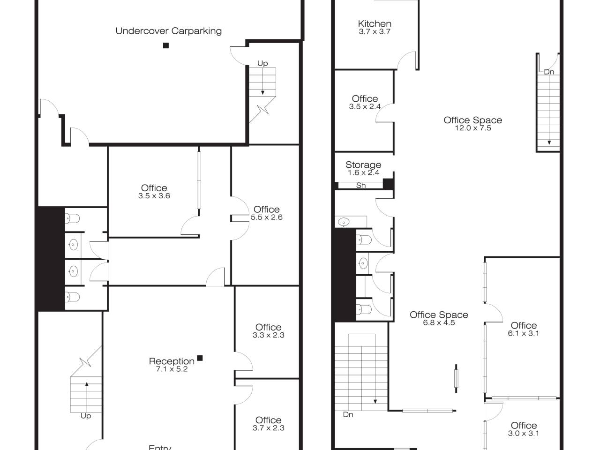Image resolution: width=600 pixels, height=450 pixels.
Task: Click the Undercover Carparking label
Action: [x=168, y=31]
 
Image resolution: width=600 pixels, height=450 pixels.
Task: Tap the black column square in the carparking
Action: [x=165, y=45]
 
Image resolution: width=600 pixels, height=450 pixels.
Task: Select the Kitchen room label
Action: [x=375, y=23]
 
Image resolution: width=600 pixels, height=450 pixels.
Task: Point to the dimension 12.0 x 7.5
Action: [x=473, y=128]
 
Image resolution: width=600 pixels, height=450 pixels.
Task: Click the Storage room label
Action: [x=363, y=165]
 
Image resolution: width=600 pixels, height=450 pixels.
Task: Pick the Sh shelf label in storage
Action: [x=361, y=186]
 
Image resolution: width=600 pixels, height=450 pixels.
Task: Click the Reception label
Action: [x=172, y=361]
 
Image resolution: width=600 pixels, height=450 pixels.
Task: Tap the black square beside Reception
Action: [x=200, y=358]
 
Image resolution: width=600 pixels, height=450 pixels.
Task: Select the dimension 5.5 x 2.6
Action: [x=267, y=217]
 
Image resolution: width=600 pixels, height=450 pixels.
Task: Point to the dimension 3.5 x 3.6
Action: [x=154, y=195]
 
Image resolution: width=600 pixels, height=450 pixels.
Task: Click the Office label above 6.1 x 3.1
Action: [x=524, y=325]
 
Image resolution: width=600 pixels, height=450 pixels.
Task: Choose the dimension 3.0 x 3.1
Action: [x=524, y=433]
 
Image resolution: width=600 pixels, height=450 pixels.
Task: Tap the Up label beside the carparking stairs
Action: [x=262, y=63]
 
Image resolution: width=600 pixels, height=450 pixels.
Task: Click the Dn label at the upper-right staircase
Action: [x=549, y=72]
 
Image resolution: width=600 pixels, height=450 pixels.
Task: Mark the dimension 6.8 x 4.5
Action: [x=439, y=322]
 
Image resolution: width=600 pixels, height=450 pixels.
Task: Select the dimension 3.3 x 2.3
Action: [x=269, y=335]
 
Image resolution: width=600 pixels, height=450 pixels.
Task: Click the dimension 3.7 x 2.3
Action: [x=269, y=428]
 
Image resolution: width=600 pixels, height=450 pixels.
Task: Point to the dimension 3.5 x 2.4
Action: [x=365, y=106]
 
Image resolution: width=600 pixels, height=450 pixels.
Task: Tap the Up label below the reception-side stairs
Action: [x=86, y=416]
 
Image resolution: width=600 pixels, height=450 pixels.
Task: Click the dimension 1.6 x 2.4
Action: [x=363, y=172]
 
